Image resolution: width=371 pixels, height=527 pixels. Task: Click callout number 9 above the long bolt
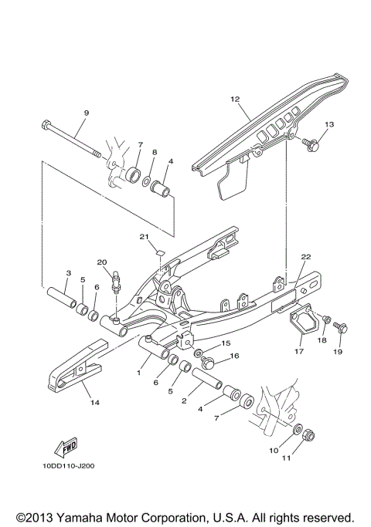coord(86,113)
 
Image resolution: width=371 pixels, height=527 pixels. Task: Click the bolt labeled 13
coord(310,143)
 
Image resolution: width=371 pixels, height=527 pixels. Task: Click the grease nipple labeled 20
coord(116,281)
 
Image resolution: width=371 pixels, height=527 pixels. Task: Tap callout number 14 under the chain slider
coord(94,402)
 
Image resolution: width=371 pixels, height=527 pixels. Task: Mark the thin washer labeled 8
coord(154,181)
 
